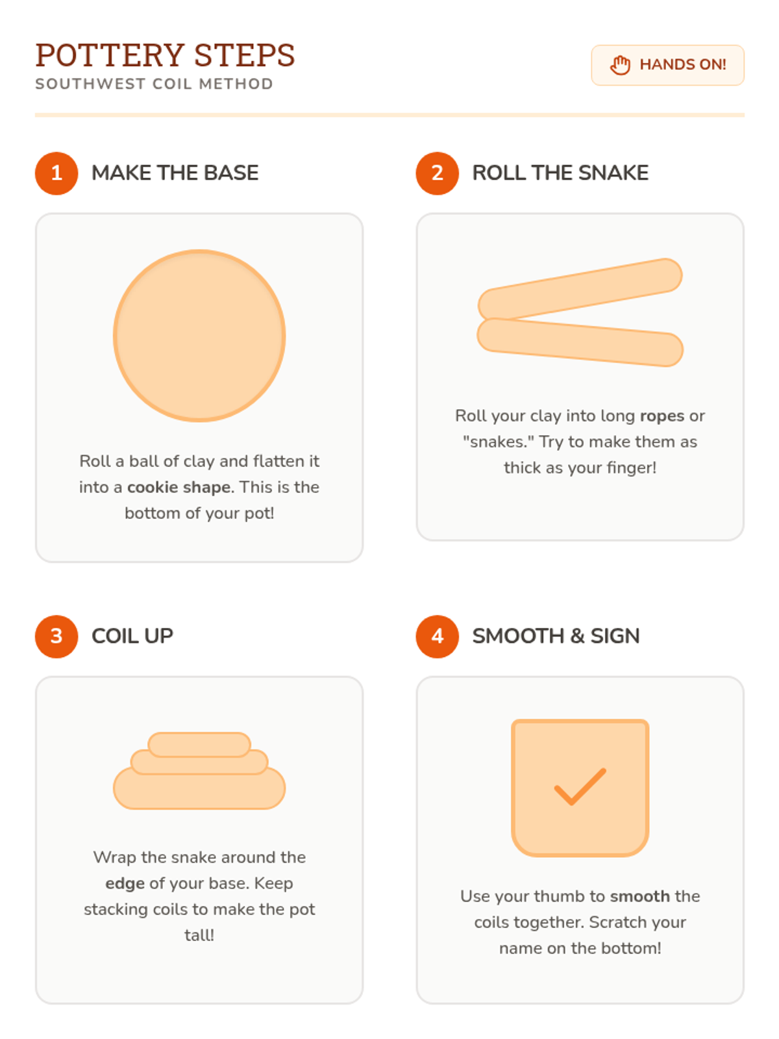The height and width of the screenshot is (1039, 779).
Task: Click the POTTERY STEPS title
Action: pyautogui.click(x=165, y=55)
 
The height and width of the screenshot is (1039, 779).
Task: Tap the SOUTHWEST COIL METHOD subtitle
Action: pyautogui.click(x=155, y=84)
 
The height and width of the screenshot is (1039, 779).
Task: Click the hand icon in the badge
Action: pyautogui.click(x=619, y=65)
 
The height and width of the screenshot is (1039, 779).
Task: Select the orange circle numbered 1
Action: pyautogui.click(x=56, y=173)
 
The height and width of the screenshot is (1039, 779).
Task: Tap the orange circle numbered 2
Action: pyautogui.click(x=437, y=173)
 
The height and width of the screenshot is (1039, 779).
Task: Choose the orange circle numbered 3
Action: pyautogui.click(x=56, y=636)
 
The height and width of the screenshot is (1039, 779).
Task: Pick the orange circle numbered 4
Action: pyautogui.click(x=437, y=636)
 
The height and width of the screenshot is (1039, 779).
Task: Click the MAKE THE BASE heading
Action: pyautogui.click(x=175, y=173)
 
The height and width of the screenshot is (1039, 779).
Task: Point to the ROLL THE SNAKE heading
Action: pyautogui.click(x=560, y=173)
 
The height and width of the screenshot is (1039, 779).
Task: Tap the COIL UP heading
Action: pyautogui.click(x=132, y=636)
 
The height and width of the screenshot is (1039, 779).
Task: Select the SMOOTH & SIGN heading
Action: pyautogui.click(x=556, y=636)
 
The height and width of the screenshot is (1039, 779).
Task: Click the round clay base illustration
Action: pyautogui.click(x=199, y=335)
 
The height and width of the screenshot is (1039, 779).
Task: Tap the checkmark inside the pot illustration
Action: pyautogui.click(x=580, y=786)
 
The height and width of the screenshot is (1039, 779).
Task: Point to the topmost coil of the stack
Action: pyautogui.click(x=199, y=745)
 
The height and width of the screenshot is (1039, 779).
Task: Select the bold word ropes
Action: pyautogui.click(x=662, y=416)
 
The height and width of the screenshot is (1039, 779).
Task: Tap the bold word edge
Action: pyautogui.click(x=125, y=883)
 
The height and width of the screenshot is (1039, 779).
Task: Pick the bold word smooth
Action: pyautogui.click(x=639, y=896)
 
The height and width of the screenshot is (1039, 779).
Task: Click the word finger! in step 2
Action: pyautogui.click(x=631, y=468)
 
